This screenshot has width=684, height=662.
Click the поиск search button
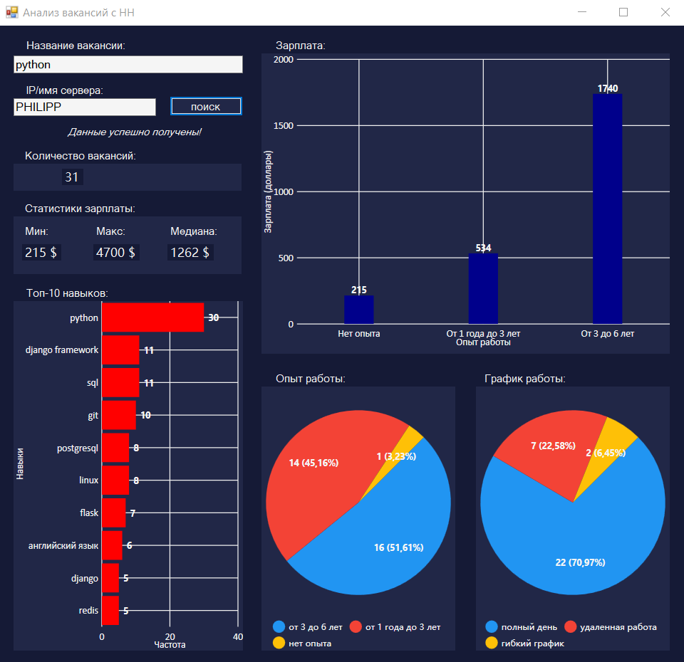click(x=206, y=107)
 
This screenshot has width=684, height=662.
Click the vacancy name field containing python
click(x=128, y=65)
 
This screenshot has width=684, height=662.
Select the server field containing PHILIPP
click(x=84, y=107)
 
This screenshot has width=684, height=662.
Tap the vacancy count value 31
click(x=72, y=177)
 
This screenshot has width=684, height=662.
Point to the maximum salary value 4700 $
click(x=115, y=252)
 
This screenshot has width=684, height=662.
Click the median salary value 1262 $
click(x=190, y=252)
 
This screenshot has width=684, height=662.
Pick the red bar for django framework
click(x=120, y=350)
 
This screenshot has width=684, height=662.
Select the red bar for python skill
click(x=152, y=317)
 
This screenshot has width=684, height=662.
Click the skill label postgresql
click(x=78, y=448)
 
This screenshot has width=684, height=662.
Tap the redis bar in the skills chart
click(x=110, y=610)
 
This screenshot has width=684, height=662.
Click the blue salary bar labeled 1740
click(x=607, y=209)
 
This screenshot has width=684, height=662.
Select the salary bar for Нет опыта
click(x=358, y=310)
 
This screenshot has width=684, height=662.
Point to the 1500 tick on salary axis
click(x=284, y=126)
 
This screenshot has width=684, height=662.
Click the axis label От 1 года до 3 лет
click(x=483, y=333)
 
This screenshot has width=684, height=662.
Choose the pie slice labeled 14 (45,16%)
click(x=321, y=477)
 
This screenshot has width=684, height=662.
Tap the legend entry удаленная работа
click(x=618, y=627)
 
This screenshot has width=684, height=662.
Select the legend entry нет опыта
click(x=309, y=643)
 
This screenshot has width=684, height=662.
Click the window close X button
click(x=665, y=12)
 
